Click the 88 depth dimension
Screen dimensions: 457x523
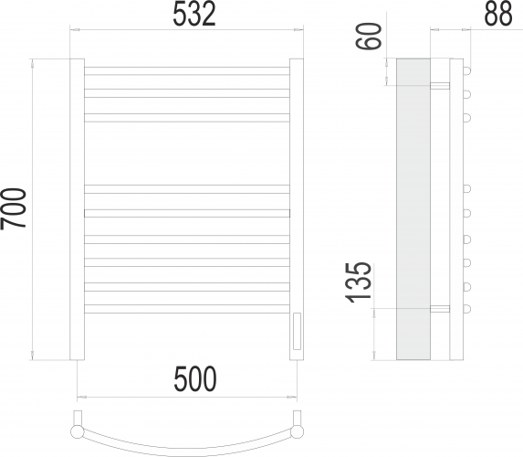point(497,15)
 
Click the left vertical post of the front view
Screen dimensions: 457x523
point(78,210)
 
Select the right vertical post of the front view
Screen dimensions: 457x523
point(296,210)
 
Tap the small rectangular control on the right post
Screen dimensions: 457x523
point(296,331)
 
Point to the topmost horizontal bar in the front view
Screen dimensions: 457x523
point(186,67)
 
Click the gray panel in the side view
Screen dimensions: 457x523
point(413,210)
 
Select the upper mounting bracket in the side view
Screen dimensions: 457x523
point(440,85)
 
